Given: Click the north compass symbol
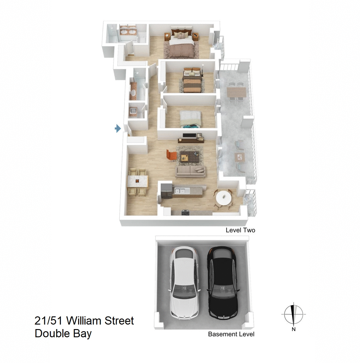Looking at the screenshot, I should [293, 314].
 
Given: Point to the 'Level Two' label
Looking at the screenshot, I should [240, 230].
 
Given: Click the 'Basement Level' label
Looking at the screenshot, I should [231, 334].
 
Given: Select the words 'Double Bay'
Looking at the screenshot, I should [63, 334].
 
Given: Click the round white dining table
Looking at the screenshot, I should [223, 198].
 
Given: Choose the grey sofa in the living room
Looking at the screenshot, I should [190, 171].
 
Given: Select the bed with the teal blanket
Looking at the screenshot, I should [190, 119].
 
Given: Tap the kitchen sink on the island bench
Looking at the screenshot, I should [180, 190].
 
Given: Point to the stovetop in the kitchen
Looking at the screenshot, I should [185, 213].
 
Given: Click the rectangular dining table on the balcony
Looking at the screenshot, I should [236, 92].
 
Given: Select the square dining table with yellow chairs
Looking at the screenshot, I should [138, 182].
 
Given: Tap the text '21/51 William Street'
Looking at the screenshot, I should [84, 321].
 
